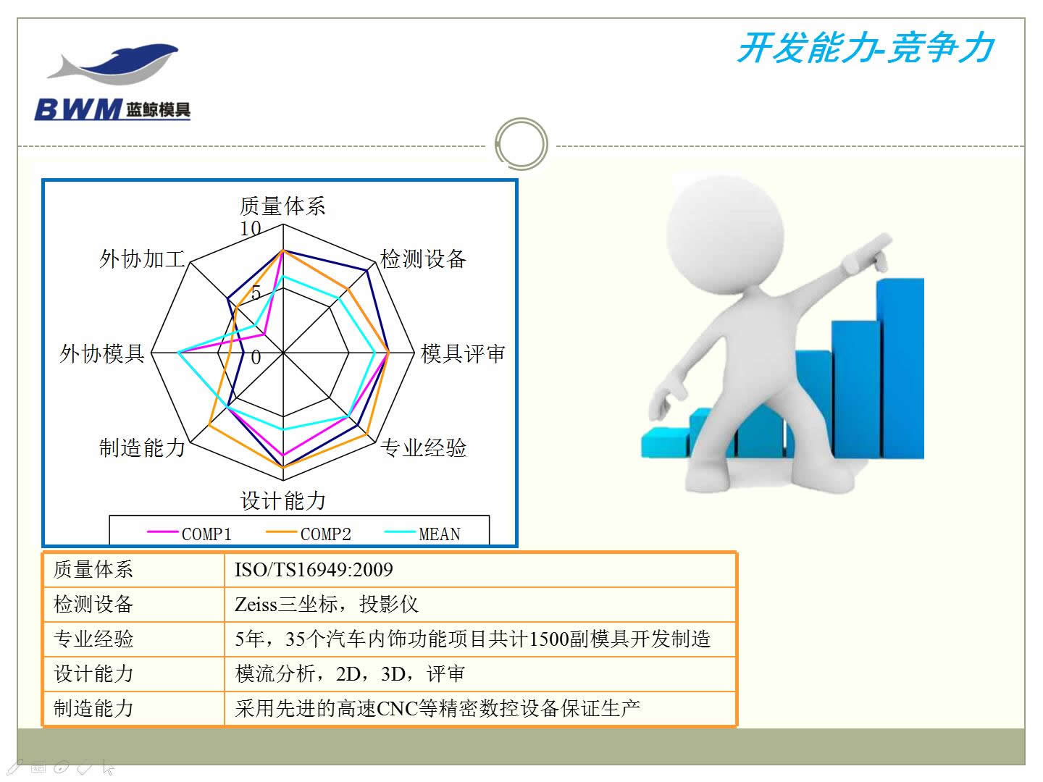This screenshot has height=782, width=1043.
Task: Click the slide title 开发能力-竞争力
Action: point(866,48)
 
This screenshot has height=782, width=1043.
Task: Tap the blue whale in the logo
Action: point(128,61)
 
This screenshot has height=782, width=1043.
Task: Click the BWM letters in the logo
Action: point(78,109)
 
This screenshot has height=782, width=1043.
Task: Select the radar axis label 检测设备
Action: point(423,259)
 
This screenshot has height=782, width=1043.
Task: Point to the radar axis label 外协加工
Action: point(141,259)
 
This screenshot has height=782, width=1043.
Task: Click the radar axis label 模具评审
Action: point(463,354)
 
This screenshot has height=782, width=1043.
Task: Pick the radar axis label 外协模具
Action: point(101,354)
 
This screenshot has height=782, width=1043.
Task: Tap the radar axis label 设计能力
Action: point(282,500)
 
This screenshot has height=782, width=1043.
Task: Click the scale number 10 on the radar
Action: point(250,228)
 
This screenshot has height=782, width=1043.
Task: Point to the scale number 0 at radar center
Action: point(256,357)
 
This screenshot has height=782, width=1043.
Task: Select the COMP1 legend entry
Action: point(189,534)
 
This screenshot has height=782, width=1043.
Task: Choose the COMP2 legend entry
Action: point(309,534)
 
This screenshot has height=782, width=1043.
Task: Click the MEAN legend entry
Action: point(422,534)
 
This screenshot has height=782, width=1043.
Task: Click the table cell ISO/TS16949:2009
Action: point(314,570)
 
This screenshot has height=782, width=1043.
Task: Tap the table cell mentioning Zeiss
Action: point(327,605)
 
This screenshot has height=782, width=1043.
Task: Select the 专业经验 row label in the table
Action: point(93,639)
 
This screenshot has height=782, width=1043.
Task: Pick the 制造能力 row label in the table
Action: point(93,708)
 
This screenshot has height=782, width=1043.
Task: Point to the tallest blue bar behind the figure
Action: point(900,369)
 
